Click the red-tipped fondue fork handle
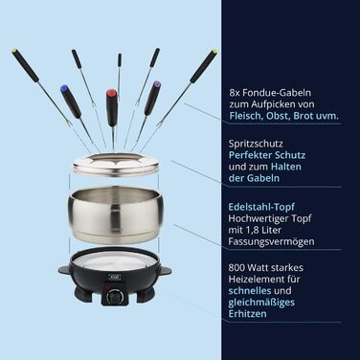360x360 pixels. tap(112, 107)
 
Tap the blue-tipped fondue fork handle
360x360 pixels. tap(72, 101)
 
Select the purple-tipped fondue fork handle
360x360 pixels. tap(152, 98)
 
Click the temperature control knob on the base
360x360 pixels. tap(114, 298)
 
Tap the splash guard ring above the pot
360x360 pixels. tap(116, 165)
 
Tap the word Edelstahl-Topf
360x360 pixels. tap(261, 207)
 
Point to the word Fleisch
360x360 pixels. tap(245, 116)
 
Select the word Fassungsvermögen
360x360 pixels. tap(271, 242)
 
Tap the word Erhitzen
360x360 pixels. tap(247, 313)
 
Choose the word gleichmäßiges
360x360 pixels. tap(261, 303)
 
